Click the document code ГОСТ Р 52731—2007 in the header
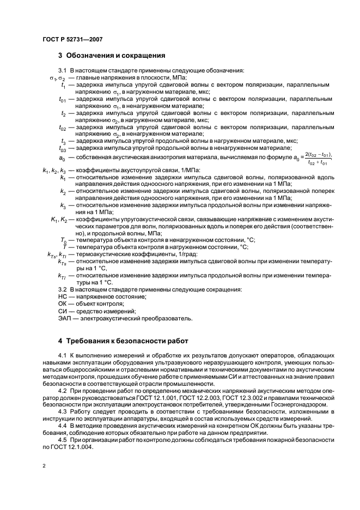coord(72,39)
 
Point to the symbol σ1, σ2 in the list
coord(57,78)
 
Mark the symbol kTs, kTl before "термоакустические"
coord(54,254)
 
